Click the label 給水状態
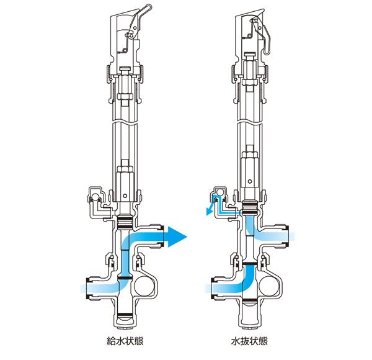[125, 341]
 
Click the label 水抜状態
[249, 341]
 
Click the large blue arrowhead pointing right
[177, 236]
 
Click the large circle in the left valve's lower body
[144, 286]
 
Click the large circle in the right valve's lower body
[268, 286]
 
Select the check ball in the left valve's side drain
[95, 197]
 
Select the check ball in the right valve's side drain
[220, 192]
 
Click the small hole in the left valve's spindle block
[125, 196]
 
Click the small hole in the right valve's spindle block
[250, 182]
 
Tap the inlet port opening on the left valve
[88, 288]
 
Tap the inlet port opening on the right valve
[213, 288]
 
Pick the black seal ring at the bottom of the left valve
[125, 315]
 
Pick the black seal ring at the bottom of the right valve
[250, 301]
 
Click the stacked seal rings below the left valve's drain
[125, 222]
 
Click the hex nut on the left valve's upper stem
[125, 97]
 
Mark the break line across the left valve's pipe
[125, 123]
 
